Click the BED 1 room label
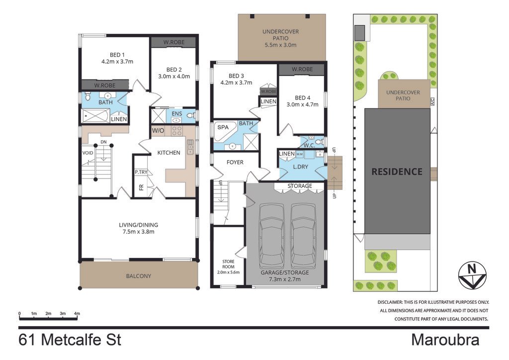[117, 55]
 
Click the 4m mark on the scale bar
[77, 314]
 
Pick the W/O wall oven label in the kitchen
[158, 130]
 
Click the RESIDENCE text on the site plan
[397, 172]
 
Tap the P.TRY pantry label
[141, 172]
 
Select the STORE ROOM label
[228, 264]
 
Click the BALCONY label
[139, 276]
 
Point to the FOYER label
[235, 162]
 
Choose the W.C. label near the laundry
[309, 145]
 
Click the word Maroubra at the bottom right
[445, 340]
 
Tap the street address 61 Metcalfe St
[70, 340]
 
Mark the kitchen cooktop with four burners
[177, 130]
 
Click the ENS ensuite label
[177, 113]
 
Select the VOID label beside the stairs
[87, 153]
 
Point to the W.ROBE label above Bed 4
[302, 69]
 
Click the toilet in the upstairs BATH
[87, 96]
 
